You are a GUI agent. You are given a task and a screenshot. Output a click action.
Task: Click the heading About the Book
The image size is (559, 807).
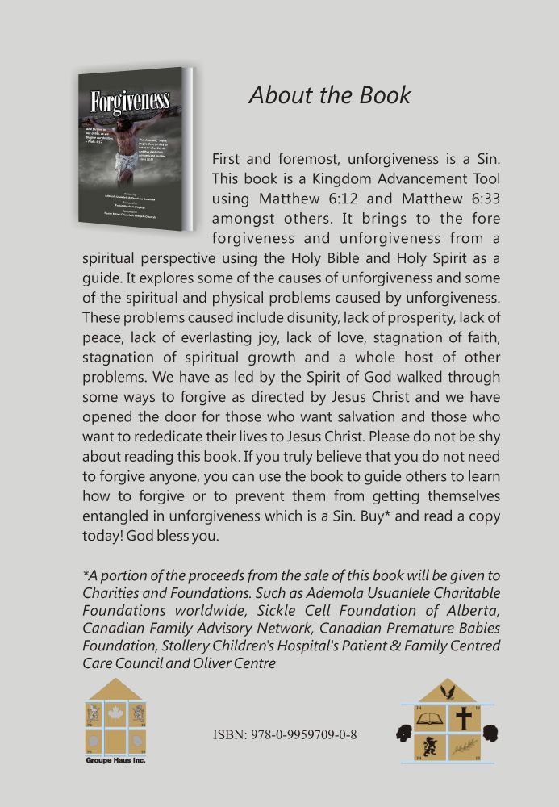coord(329,95)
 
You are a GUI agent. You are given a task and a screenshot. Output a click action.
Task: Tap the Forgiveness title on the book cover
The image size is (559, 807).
coord(130,102)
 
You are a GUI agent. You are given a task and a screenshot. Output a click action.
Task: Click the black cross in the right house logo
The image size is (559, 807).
coord(463,717)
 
